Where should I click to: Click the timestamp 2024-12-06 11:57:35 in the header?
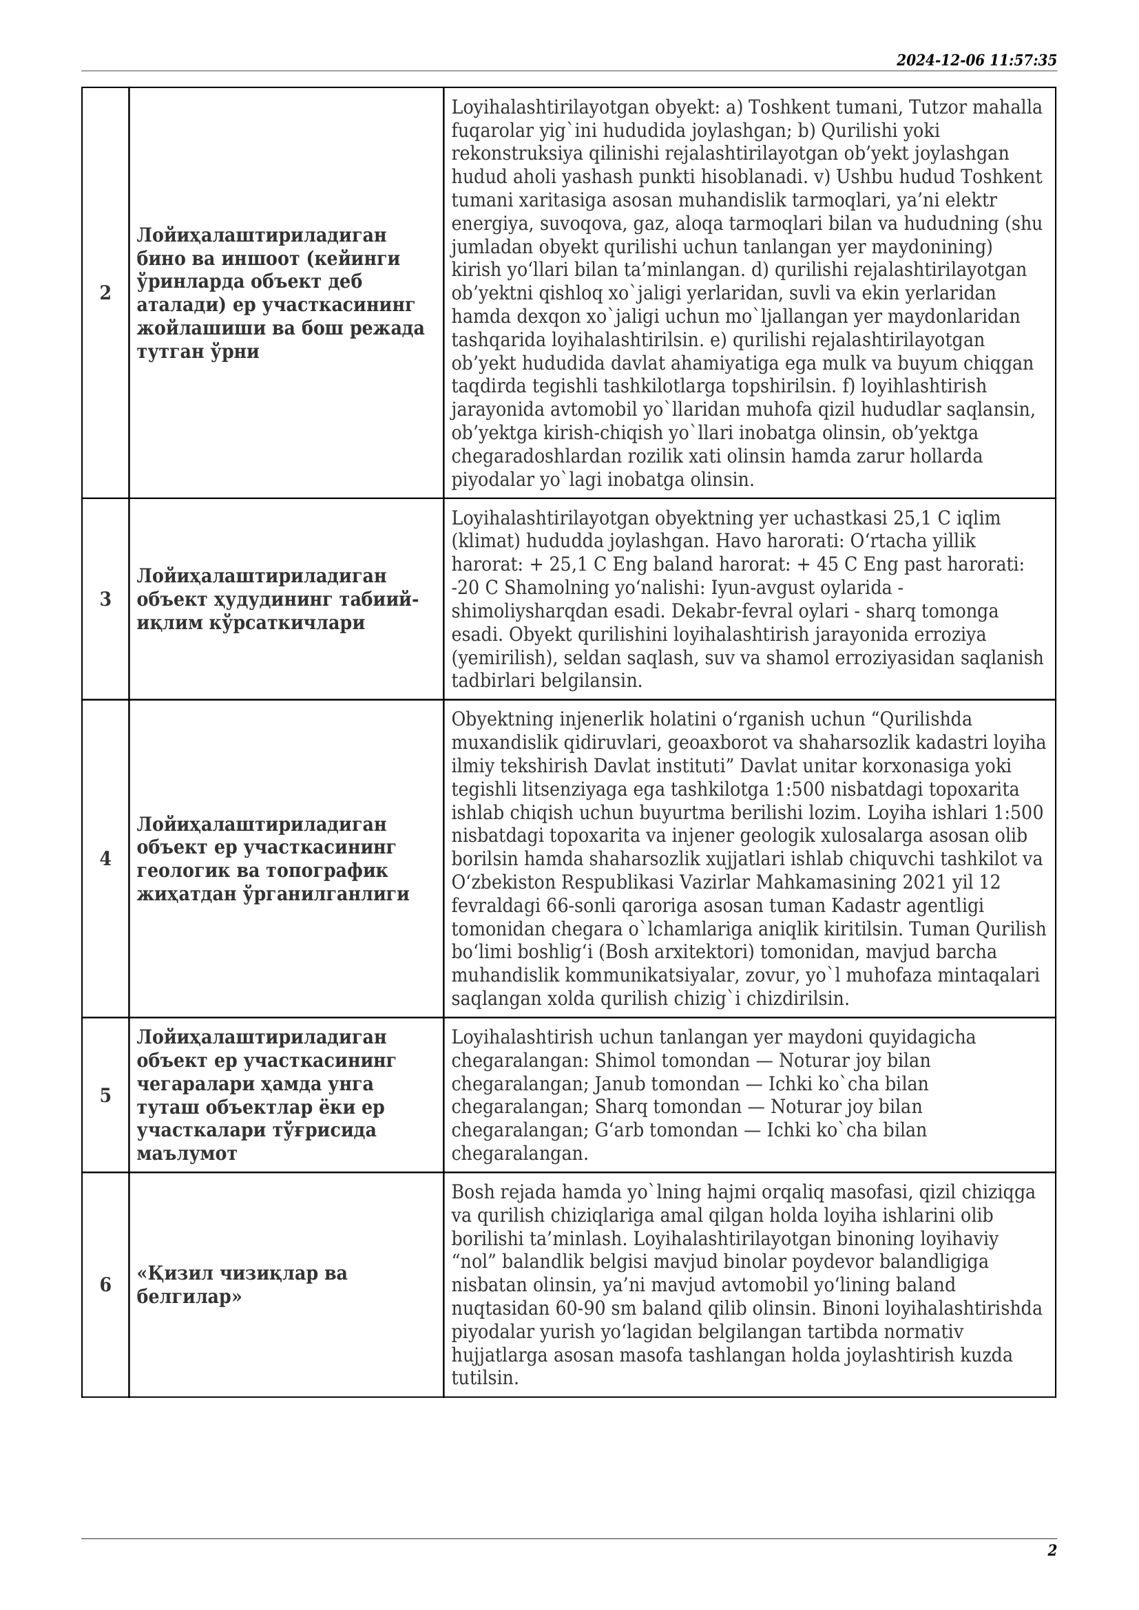click(976, 61)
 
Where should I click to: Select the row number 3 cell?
click(105, 600)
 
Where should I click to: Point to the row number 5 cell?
click(105, 1095)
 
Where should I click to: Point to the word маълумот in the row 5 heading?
click(187, 1154)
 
